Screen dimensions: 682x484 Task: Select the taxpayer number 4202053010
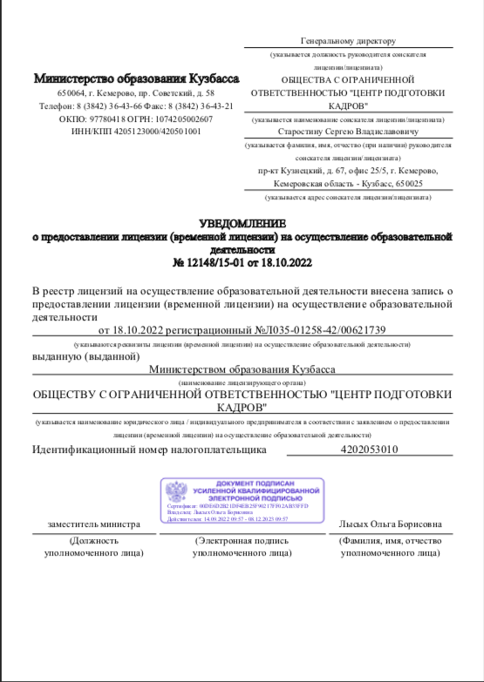(x=371, y=450)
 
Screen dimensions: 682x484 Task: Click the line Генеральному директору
(x=348, y=40)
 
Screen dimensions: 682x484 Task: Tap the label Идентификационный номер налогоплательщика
(x=147, y=450)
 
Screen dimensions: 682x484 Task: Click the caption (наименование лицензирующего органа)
(x=242, y=382)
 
